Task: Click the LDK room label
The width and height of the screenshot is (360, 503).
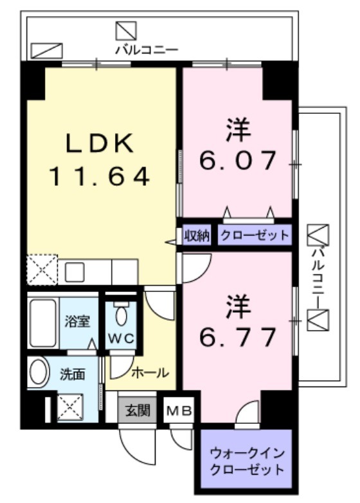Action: [x=101, y=143]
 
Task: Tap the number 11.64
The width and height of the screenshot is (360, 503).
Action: [x=101, y=176]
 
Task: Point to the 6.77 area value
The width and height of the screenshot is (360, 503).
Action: [x=238, y=335]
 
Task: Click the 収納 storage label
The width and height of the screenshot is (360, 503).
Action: [x=197, y=235]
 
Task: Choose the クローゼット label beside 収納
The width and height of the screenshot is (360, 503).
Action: [x=255, y=235]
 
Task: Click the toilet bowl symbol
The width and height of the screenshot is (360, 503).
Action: [x=121, y=316]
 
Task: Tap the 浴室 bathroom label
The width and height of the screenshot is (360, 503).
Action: [x=77, y=321]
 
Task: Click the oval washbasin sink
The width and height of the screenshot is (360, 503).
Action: [x=40, y=373]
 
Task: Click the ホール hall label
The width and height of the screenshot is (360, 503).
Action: [x=150, y=372]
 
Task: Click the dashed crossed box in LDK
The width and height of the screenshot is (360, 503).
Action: [x=42, y=270]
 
